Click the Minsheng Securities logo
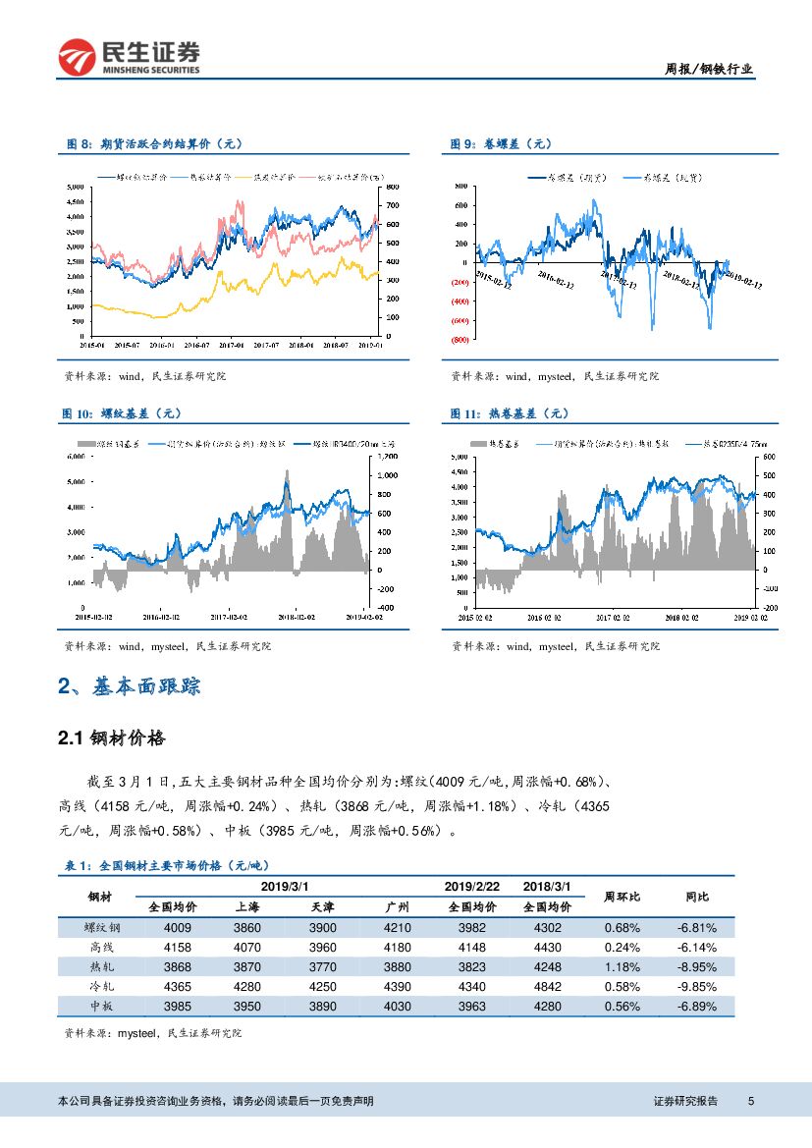pos(129,57)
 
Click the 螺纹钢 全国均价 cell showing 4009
pos(178,927)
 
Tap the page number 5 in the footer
pos(750,1101)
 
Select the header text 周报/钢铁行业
pos(709,69)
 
